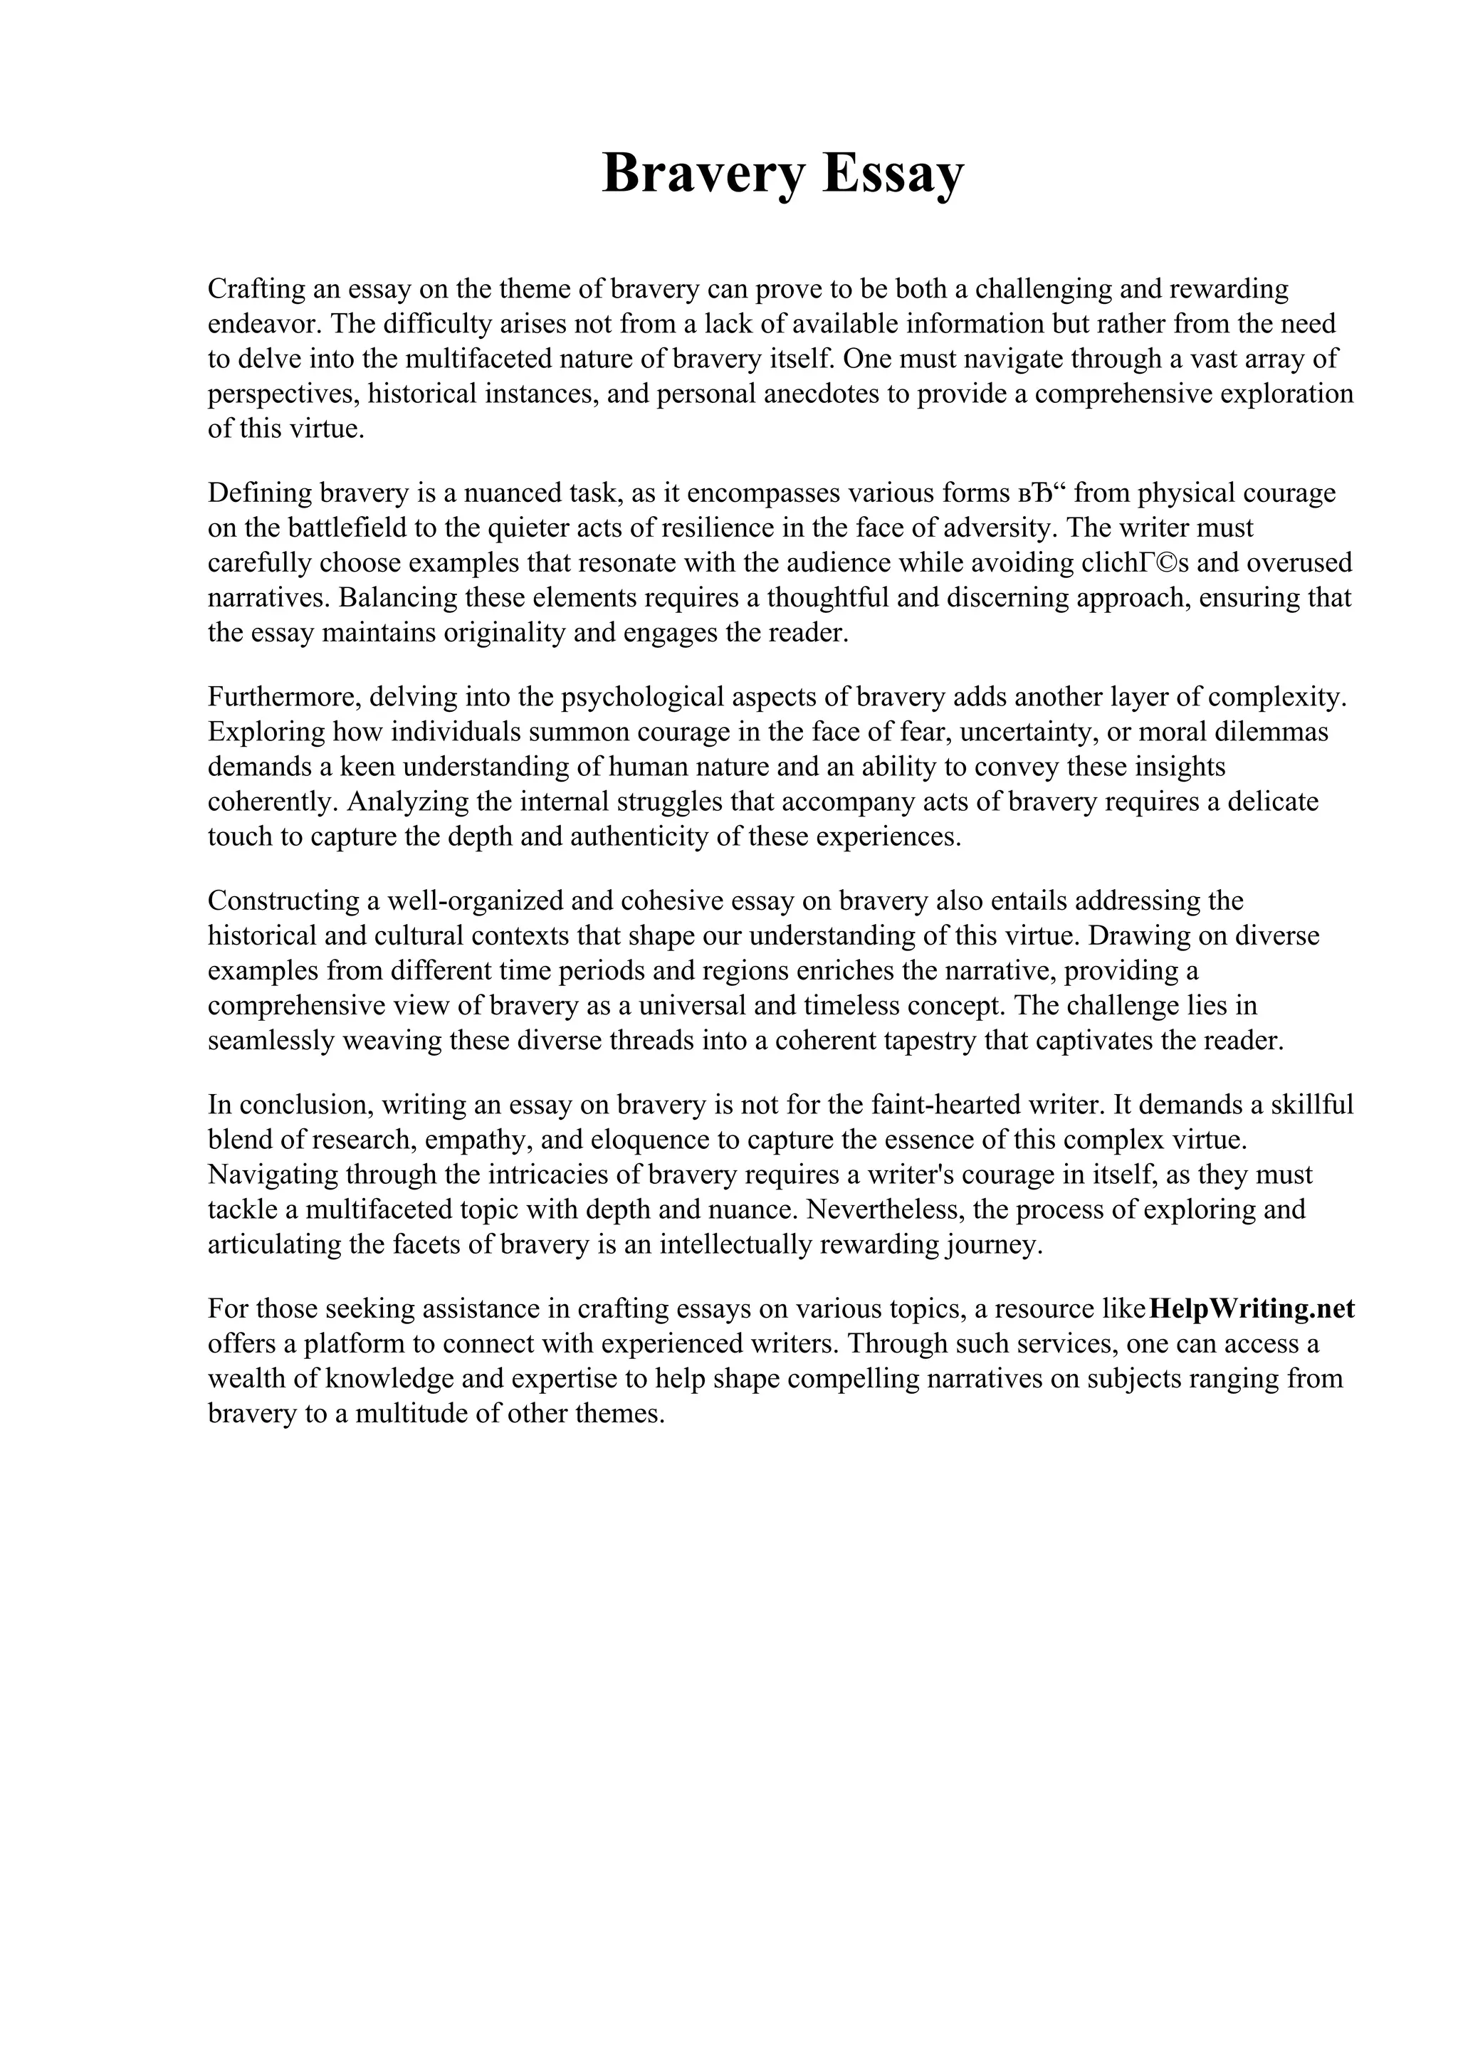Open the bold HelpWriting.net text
tap(1251, 1308)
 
